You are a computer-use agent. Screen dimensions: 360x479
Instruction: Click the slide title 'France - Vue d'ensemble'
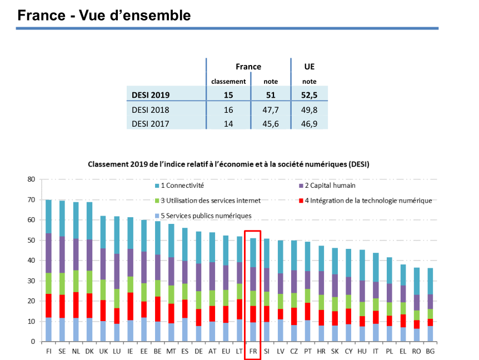tap(104, 16)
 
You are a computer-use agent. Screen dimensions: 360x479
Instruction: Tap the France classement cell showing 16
tap(228, 110)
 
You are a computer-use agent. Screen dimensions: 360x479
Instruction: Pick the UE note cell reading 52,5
tap(310, 95)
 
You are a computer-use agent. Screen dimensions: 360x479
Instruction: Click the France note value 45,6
tap(271, 123)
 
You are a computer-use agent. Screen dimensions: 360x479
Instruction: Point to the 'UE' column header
tap(310, 67)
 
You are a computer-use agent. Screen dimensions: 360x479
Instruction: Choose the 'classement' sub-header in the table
tap(228, 81)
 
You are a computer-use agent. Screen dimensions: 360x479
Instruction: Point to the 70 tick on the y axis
tap(31, 200)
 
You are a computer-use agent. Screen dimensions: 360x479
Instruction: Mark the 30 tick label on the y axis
tap(31, 281)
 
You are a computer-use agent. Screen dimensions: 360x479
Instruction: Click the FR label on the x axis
tap(253, 351)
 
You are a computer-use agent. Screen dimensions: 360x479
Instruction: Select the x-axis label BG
tap(430, 351)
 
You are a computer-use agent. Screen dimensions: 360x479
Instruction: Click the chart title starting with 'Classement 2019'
tap(228, 164)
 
